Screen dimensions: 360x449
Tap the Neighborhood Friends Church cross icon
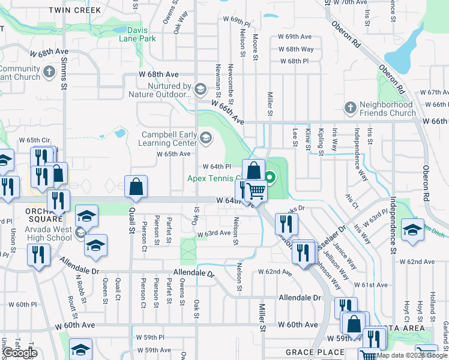point(351,108)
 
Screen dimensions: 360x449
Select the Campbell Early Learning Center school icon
point(206,139)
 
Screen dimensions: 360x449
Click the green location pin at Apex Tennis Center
point(270,177)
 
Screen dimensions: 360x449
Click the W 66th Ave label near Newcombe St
point(228,112)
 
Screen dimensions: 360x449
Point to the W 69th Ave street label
point(295,37)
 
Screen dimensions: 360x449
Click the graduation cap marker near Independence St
point(412,230)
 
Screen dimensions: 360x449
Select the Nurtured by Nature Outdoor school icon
point(200,90)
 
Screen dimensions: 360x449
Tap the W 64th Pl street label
point(217,166)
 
